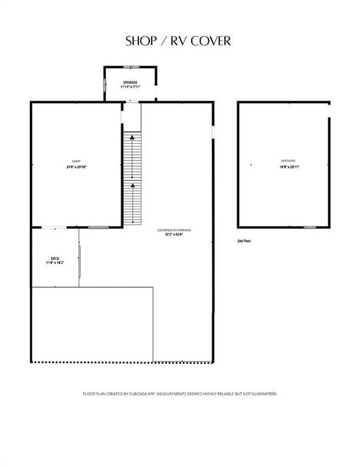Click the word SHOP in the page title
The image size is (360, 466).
(139, 41)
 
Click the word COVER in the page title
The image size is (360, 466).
(211, 41)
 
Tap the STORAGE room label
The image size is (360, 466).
(131, 82)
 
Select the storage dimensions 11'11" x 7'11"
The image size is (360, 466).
(131, 87)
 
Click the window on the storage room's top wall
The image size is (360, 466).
(131, 67)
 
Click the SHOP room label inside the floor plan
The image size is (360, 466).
(77, 161)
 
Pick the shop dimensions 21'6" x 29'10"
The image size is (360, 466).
(77, 167)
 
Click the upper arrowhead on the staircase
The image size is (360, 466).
(132, 140)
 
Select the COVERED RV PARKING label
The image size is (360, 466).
(174, 230)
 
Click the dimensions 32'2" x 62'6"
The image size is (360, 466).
(174, 235)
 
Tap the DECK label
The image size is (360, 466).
(55, 258)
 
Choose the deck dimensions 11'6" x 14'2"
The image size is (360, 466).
(55, 263)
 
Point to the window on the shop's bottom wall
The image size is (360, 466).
(98, 227)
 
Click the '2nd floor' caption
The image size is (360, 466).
(244, 241)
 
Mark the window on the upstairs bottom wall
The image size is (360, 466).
(310, 228)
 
